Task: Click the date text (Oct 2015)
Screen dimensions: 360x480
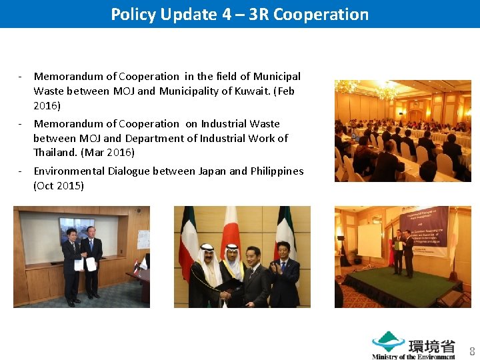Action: coord(59,185)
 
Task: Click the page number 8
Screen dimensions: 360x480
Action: coord(472,351)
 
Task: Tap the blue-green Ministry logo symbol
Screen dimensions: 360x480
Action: coord(387,342)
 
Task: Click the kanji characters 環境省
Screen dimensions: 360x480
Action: coord(431,346)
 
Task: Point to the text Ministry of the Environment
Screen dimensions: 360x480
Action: coord(413,357)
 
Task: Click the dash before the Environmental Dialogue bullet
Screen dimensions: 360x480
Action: coord(21,171)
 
